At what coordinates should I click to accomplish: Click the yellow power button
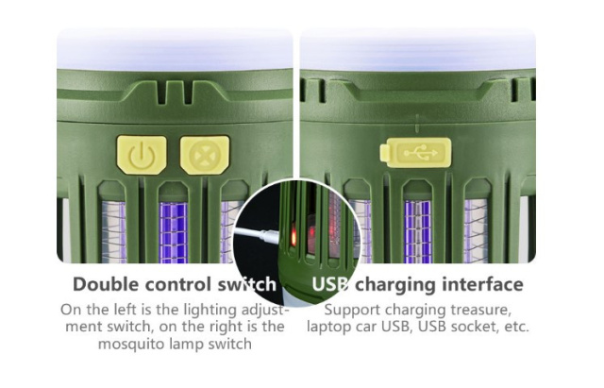tap(142, 155)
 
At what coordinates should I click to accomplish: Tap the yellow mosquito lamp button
tap(205, 155)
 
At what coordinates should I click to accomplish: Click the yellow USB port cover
tap(415, 153)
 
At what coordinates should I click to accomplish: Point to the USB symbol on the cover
tap(421, 153)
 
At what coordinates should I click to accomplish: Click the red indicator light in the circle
tap(294, 236)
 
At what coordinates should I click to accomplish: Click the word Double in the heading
tap(106, 285)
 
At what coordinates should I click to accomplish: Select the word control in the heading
tap(178, 285)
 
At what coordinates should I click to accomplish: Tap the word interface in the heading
tap(483, 285)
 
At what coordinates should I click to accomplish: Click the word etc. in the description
tap(517, 327)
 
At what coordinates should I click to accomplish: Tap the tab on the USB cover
tap(384, 153)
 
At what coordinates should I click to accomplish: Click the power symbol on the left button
tap(142, 156)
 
